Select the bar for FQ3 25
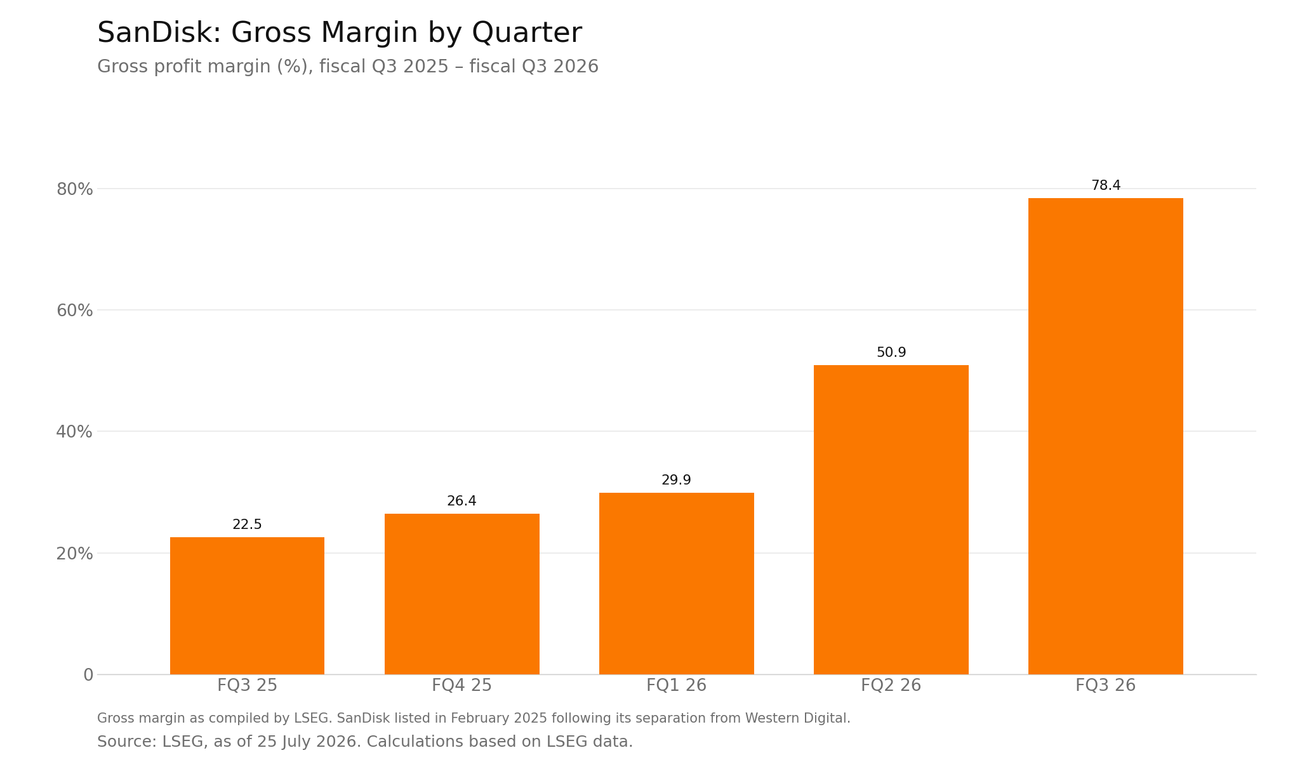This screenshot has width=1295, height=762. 247,606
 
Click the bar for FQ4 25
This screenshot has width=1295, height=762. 462,594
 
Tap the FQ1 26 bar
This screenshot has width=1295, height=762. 676,584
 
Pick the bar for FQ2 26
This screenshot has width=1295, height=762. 891,519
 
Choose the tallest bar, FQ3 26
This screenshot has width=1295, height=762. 1105,436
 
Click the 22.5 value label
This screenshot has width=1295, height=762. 247,525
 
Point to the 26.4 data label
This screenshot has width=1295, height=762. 462,502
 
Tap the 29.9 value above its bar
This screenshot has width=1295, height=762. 676,481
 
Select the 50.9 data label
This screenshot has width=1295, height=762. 891,353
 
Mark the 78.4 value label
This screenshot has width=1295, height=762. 1106,186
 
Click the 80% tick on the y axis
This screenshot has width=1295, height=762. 75,189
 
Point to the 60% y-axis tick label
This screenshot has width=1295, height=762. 75,311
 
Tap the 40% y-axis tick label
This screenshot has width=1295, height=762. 75,432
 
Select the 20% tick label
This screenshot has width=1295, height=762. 75,554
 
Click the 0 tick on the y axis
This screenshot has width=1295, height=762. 88,675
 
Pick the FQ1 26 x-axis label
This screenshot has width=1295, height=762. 676,686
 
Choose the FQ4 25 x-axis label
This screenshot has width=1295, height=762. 462,686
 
